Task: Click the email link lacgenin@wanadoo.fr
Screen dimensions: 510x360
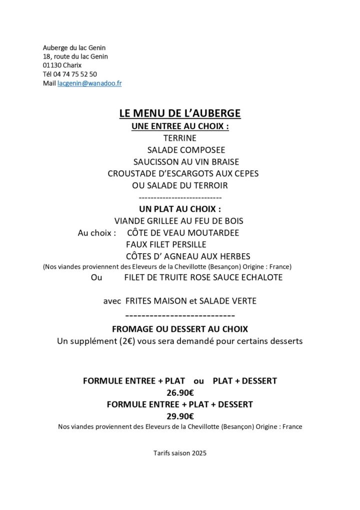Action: tap(89, 84)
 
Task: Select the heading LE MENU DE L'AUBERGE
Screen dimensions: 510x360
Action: tap(180, 114)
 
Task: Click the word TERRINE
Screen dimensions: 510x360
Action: tap(180, 138)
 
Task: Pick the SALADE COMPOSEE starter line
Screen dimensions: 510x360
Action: tap(186, 150)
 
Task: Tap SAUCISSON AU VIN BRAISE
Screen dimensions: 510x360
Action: tap(186, 162)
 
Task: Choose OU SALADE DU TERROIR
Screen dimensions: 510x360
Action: tap(180, 186)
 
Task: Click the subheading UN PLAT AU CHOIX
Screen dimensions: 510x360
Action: tap(180, 209)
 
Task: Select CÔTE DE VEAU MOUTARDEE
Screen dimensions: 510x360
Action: tap(183, 233)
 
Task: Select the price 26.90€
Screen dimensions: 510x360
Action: tap(180, 392)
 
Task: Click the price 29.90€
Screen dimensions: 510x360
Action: tap(180, 415)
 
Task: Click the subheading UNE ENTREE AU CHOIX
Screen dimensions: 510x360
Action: tap(180, 126)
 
